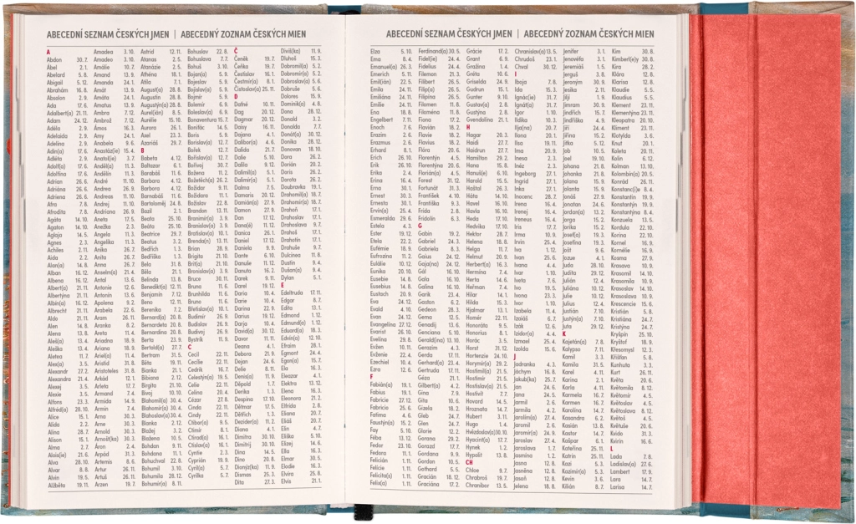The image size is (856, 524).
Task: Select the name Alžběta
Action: tap(57, 484)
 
